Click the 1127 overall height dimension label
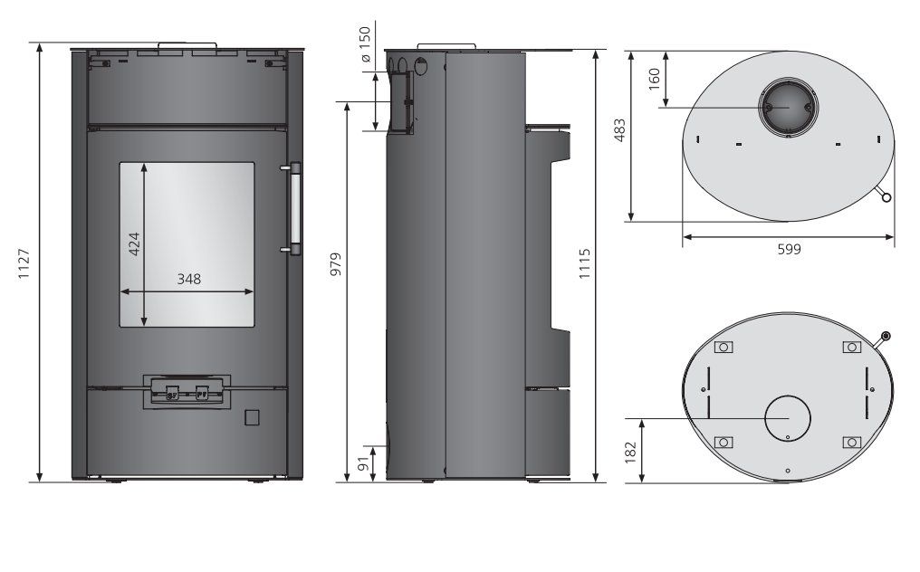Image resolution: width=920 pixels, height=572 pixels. click(x=24, y=263)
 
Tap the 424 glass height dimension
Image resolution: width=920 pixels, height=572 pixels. click(x=134, y=244)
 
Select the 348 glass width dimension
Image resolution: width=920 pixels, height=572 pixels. click(x=189, y=280)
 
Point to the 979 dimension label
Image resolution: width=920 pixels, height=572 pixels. click(x=335, y=264)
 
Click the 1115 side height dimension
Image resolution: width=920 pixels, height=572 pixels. click(x=584, y=263)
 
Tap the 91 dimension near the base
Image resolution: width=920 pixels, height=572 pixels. click(x=364, y=463)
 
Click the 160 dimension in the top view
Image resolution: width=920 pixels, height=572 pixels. click(x=654, y=79)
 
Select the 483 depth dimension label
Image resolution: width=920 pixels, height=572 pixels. click(x=619, y=130)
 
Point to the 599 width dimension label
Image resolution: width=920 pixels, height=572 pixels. click(x=790, y=249)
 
